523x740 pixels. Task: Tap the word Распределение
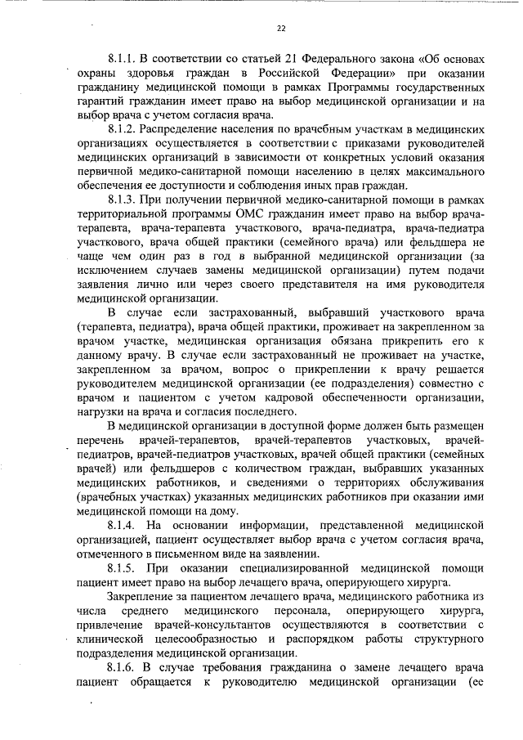coord(185,129)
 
